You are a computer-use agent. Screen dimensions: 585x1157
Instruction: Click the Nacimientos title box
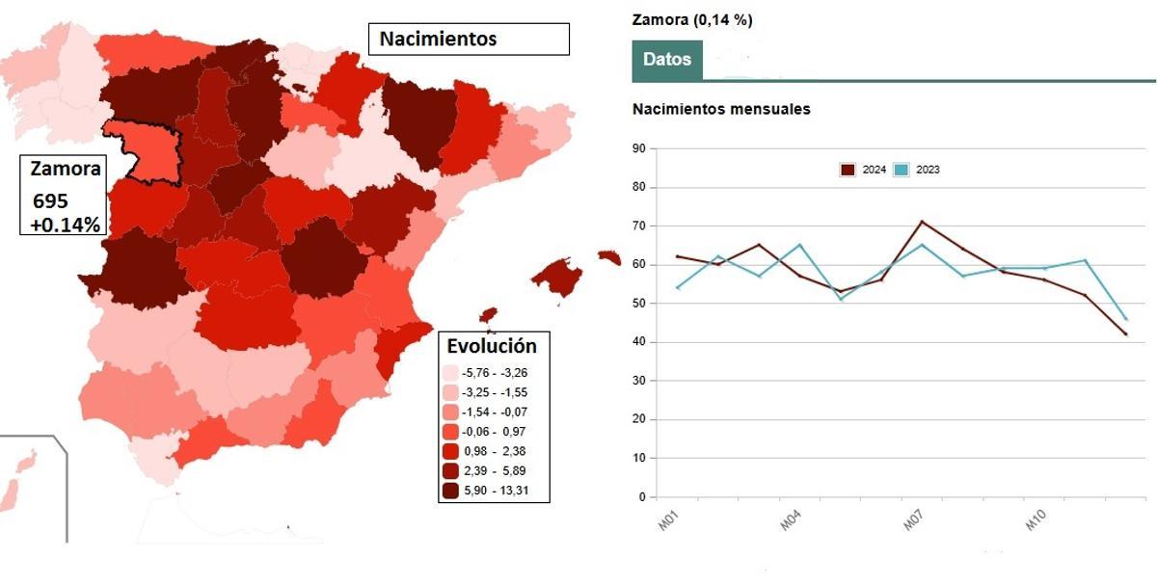(469, 40)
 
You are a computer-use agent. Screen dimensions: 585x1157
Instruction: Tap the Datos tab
(667, 60)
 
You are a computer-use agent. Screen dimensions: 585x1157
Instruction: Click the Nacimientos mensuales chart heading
(721, 109)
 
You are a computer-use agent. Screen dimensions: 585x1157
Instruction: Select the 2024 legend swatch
(848, 170)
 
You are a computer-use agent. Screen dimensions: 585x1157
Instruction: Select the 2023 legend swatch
(901, 170)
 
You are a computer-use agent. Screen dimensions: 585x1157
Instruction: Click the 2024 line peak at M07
(923, 222)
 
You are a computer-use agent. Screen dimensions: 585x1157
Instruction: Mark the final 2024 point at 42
(1125, 334)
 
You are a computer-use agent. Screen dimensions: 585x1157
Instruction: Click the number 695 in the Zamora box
(50, 202)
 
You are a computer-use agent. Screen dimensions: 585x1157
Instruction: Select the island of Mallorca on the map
(557, 278)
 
